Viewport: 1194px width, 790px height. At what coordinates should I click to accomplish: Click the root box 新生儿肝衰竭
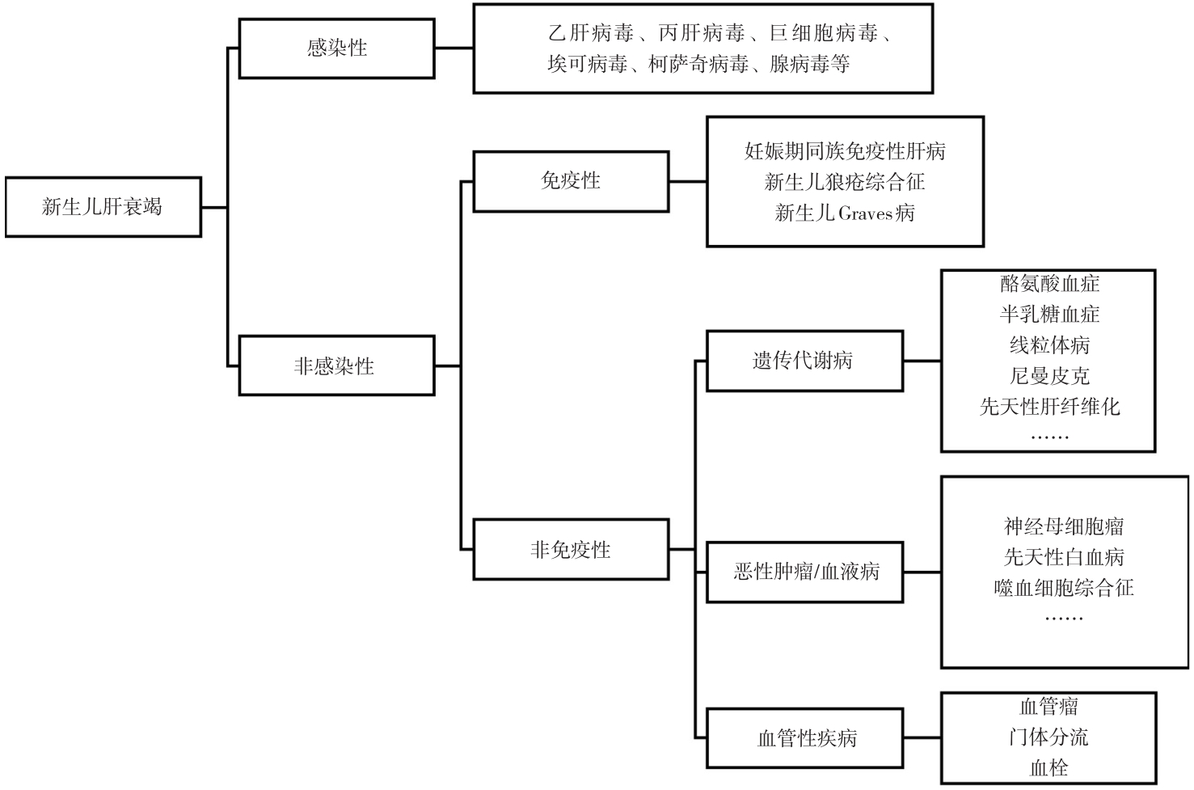pyautogui.click(x=103, y=207)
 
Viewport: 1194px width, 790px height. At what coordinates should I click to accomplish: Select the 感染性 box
pyautogui.click(x=337, y=49)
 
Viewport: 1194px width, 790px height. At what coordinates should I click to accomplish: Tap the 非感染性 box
pyautogui.click(x=337, y=365)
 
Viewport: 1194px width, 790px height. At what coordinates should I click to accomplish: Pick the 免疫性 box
pyautogui.click(x=571, y=181)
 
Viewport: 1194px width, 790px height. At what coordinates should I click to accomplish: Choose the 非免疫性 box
pyautogui.click(x=571, y=549)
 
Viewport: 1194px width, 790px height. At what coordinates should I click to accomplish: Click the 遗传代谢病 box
pyautogui.click(x=805, y=361)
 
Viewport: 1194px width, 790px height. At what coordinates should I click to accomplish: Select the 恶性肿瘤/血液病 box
pyautogui.click(x=805, y=572)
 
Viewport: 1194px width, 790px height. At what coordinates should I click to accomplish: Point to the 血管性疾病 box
pyautogui.click(x=805, y=737)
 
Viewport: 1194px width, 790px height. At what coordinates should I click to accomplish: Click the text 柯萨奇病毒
pyautogui.click(x=698, y=64)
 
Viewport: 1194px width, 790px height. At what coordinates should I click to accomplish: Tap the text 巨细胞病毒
pyautogui.click(x=824, y=33)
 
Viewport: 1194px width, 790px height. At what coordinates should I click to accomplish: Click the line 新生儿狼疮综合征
pyautogui.click(x=845, y=182)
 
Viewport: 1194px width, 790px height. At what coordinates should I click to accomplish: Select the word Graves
pyautogui.click(x=865, y=213)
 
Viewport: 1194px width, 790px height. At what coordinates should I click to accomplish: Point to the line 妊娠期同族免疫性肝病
pyautogui.click(x=845, y=151)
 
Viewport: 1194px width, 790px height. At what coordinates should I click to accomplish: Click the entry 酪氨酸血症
pyautogui.click(x=1049, y=284)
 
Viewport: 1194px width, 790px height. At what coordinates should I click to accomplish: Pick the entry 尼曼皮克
pyautogui.click(x=1049, y=376)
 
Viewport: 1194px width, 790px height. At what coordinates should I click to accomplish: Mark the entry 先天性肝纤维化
pyautogui.click(x=1049, y=407)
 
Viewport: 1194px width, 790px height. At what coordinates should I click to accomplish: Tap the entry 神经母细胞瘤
pyautogui.click(x=1064, y=526)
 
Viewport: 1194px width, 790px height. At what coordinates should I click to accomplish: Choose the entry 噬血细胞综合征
pyautogui.click(x=1064, y=587)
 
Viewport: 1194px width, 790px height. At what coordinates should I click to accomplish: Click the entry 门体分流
pyautogui.click(x=1048, y=737)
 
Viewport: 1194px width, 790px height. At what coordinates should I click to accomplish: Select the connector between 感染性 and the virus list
pyautogui.click(x=454, y=49)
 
